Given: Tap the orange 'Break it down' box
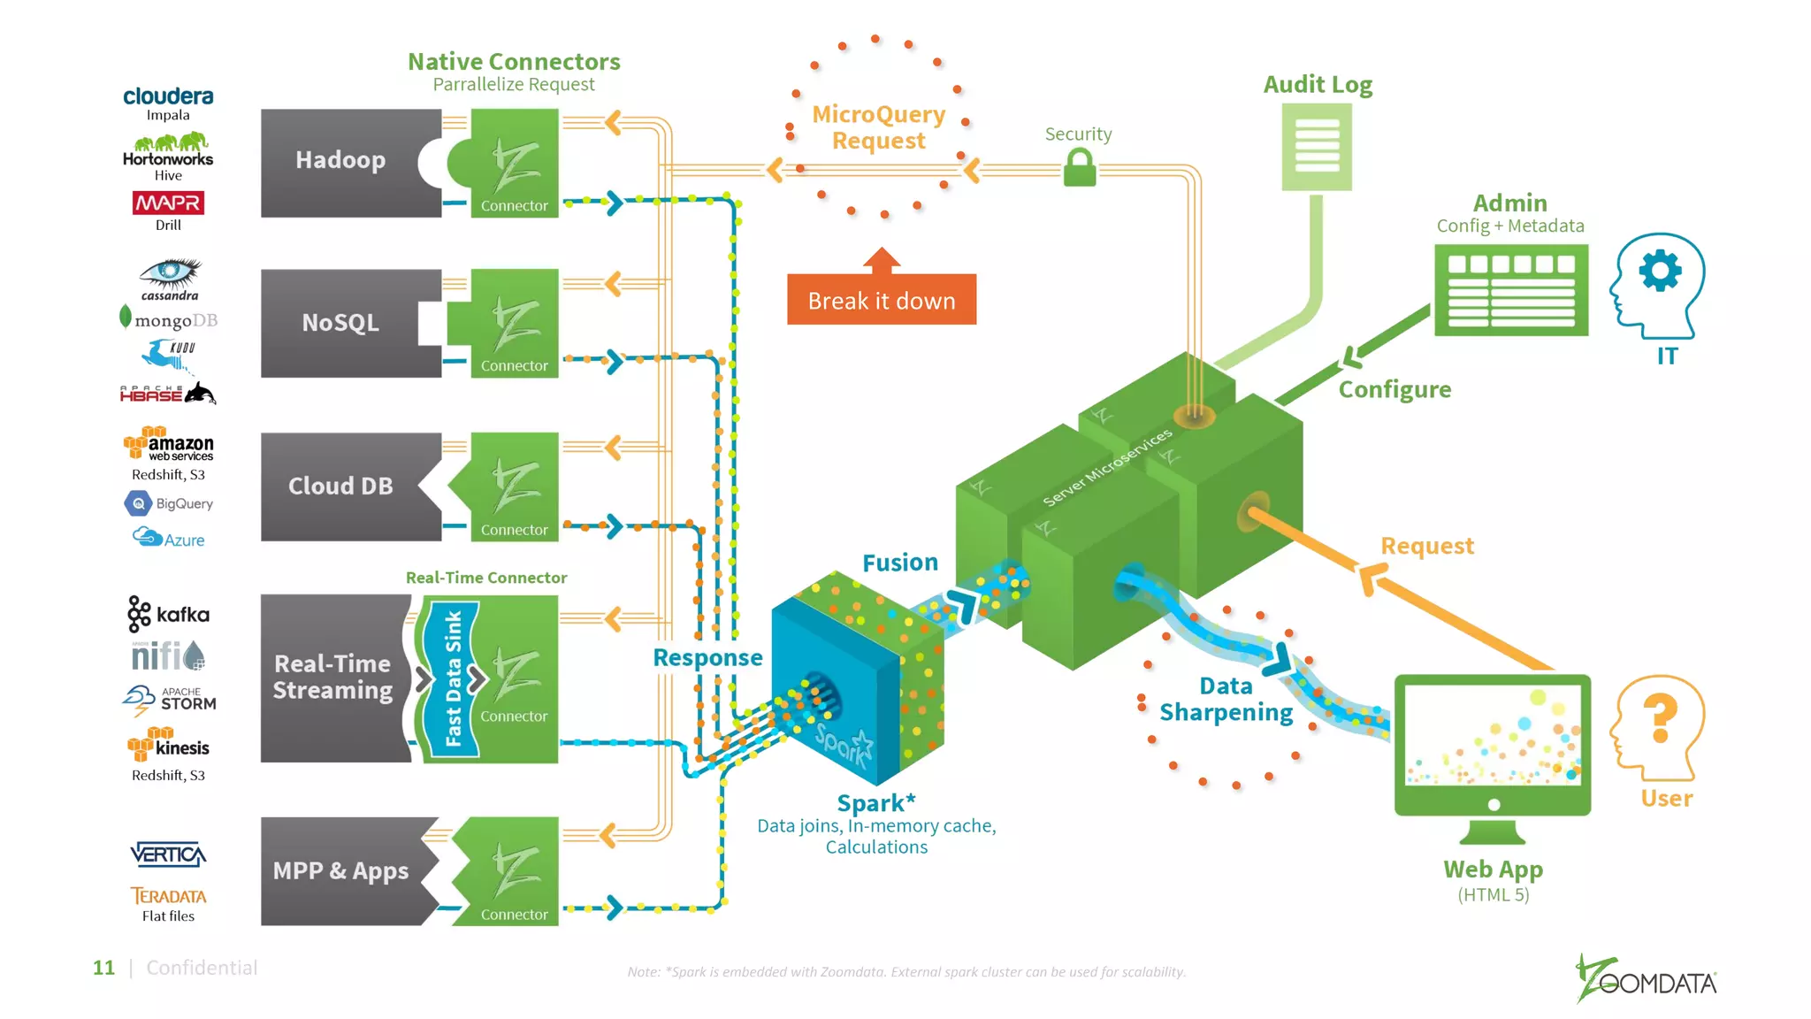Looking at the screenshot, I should coord(882,300).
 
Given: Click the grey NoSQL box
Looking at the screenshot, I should coord(340,323).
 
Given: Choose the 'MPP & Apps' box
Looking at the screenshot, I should coord(340,871).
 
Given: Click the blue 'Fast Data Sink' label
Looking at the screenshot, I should coord(453,678).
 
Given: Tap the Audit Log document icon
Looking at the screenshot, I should coord(1317,147).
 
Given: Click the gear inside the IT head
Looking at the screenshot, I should coord(1660,271).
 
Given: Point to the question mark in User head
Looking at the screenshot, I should coord(1660,716).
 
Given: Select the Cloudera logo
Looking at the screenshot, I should coord(168,96).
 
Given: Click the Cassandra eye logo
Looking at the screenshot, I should coord(170,274).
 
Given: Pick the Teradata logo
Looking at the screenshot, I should coord(168,896).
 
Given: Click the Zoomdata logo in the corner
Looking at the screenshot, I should coord(1647,980).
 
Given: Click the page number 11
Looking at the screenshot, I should coord(103,968).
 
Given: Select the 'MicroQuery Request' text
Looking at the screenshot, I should coord(878,127).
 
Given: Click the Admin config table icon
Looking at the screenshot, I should coord(1510,290).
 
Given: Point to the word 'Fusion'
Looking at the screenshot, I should coord(899,563).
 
